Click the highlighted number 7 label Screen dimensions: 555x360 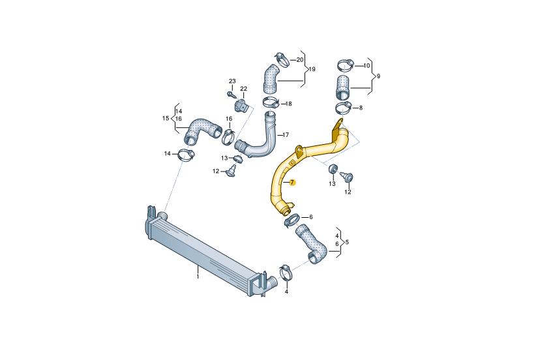(292, 183)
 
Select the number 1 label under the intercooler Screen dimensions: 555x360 (198, 276)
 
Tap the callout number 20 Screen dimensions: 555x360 (300, 60)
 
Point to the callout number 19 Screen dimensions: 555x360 (312, 69)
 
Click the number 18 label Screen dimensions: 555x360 (288, 104)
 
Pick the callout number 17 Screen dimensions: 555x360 (286, 135)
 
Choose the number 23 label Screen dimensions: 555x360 (232, 82)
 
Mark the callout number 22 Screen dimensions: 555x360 (243, 89)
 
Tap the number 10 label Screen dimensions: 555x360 (367, 65)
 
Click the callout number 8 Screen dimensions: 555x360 (361, 108)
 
